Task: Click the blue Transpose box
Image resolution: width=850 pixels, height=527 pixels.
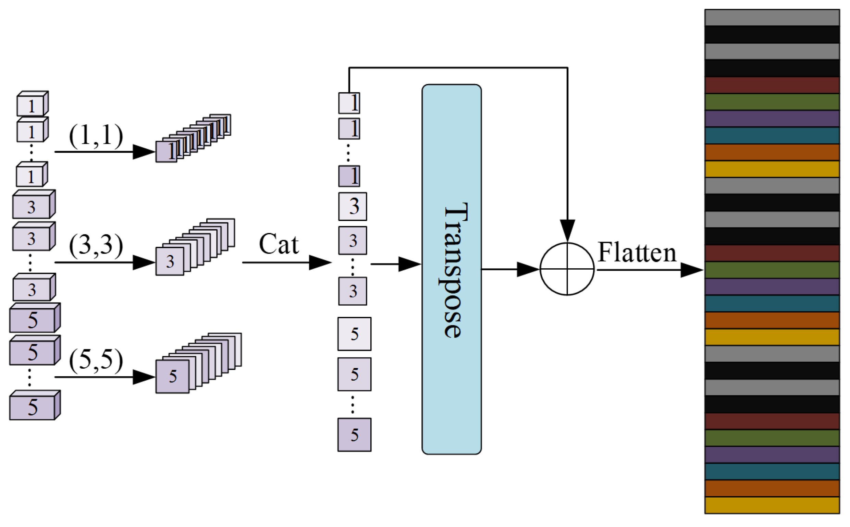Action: click(451, 269)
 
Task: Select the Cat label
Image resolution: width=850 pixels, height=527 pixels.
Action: click(279, 244)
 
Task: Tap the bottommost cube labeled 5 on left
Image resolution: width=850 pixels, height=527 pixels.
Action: click(33, 407)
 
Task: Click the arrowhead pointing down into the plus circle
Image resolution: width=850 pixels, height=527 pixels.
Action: click(567, 230)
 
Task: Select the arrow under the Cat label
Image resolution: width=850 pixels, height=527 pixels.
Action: click(286, 262)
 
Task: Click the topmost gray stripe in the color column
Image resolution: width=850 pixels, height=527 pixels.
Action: click(772, 17)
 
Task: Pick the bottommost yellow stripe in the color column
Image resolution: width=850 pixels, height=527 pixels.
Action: click(772, 505)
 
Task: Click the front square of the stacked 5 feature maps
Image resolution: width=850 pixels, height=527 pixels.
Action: click(172, 377)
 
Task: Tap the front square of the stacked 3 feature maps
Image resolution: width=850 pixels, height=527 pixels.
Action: click(169, 261)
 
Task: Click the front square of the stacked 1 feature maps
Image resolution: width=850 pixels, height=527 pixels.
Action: click(166, 151)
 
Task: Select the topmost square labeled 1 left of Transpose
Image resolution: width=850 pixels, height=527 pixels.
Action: click(349, 103)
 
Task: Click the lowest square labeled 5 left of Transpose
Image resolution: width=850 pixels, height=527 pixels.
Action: click(354, 434)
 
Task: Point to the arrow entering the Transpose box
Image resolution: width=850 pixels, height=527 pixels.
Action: click(396, 264)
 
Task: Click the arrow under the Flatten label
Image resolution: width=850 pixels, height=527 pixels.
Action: click(649, 270)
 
